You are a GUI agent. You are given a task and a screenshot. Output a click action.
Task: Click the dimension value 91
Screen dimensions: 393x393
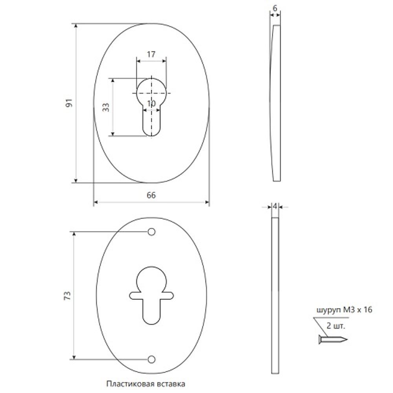pos(69,103)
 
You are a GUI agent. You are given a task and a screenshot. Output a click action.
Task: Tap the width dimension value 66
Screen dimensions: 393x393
pos(151,195)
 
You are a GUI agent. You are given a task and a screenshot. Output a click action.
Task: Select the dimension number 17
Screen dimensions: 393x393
pos(151,54)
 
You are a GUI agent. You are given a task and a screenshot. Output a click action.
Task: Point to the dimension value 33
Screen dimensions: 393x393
pos(106,107)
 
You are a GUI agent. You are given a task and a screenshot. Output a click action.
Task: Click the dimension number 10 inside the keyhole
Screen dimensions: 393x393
pos(151,103)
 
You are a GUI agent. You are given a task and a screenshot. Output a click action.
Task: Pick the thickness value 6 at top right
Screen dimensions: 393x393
pos(275,9)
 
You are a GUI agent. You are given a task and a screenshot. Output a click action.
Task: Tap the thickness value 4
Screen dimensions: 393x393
pos(275,207)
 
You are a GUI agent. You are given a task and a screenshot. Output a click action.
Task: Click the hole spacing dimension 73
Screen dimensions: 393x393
pos(68,296)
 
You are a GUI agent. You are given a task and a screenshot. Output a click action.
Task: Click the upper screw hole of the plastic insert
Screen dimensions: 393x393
pos(151,232)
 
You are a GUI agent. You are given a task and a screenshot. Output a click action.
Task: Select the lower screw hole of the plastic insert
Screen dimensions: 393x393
pos(151,360)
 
